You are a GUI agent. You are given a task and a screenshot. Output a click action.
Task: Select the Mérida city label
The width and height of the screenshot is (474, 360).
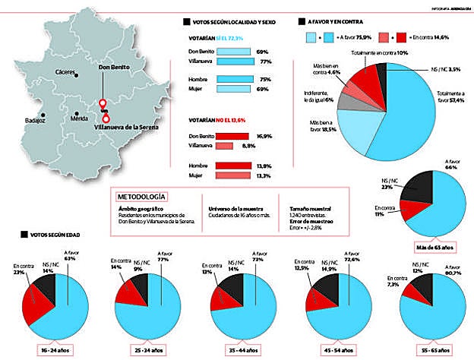(x=79, y=119)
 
